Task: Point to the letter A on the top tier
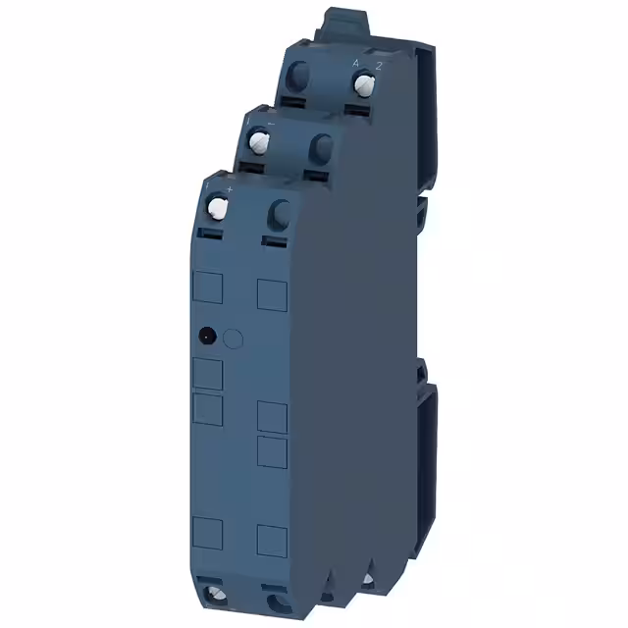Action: coord(355,63)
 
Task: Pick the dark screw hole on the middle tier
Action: coord(321,149)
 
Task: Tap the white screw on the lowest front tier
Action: coord(218,207)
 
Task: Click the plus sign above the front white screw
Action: coord(229,186)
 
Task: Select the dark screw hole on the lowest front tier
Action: coord(279,212)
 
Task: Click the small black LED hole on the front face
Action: coord(206,337)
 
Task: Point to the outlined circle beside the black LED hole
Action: coord(233,339)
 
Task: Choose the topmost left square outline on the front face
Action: coord(208,288)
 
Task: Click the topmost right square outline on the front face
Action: coord(271,291)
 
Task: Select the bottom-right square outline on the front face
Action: coord(271,540)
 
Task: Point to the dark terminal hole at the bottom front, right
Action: coord(275,600)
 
